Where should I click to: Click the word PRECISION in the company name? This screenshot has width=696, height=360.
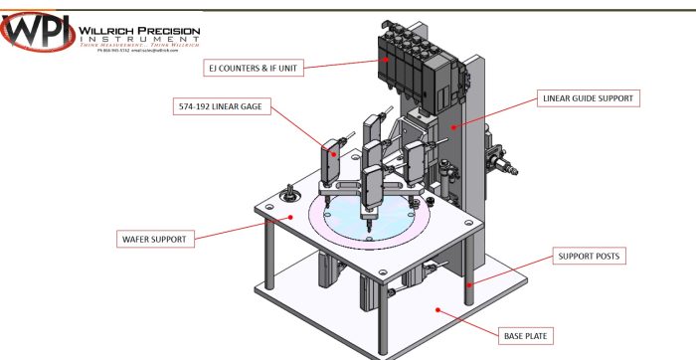point(170,31)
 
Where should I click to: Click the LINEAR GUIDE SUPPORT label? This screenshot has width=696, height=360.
point(588,97)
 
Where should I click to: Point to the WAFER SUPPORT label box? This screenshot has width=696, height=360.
point(154,239)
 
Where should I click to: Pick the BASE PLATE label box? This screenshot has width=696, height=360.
point(522,335)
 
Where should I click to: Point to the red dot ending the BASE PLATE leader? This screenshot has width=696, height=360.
point(436,309)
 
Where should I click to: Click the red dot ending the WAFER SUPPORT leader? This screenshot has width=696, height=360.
point(290,217)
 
